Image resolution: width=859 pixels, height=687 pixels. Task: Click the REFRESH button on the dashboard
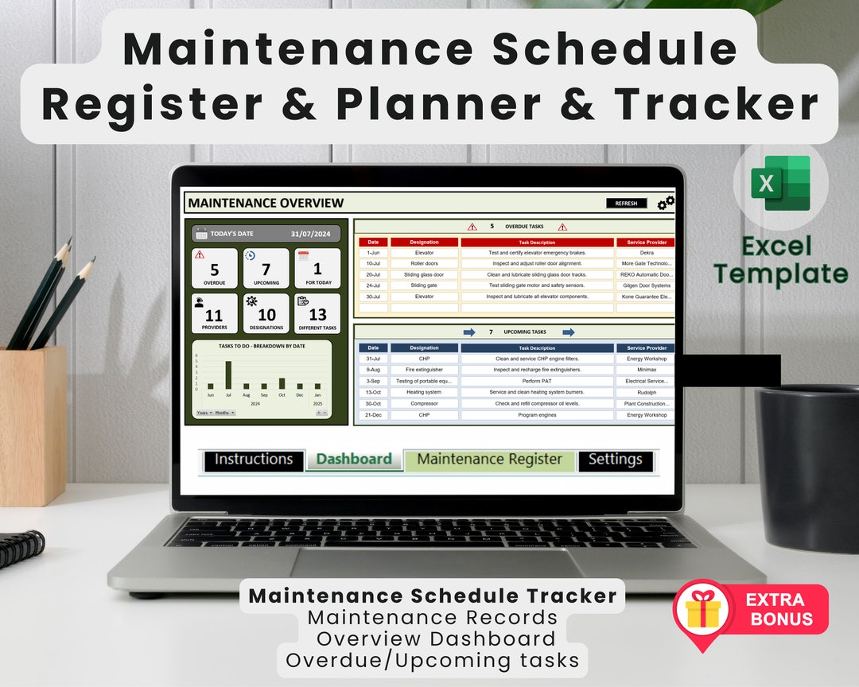coord(626,204)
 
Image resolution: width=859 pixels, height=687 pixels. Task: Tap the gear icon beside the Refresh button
coord(666,203)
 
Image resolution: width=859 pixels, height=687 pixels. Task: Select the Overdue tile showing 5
coord(215,267)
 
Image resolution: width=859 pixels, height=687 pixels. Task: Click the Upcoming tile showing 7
coord(266,267)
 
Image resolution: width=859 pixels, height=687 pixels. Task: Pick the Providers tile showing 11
coord(215,313)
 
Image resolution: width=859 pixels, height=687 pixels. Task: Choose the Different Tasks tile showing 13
coord(317,313)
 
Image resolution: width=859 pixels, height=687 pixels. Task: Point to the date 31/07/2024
coord(309,234)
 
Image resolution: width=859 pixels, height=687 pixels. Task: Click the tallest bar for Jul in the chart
coord(228,375)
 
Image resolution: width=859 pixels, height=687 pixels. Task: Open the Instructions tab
coord(254,460)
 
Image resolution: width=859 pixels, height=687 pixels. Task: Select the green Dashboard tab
coord(354,460)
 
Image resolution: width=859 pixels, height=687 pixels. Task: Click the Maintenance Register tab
coord(489,460)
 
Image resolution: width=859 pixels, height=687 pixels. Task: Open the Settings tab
coord(615,460)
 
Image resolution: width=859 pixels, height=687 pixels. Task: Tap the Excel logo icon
coord(780,183)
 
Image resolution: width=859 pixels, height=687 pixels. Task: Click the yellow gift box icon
coord(702,611)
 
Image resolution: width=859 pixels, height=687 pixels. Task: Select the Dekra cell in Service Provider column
coord(645,253)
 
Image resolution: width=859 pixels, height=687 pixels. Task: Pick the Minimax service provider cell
coord(645,370)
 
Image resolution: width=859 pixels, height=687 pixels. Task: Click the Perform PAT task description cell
coord(537,381)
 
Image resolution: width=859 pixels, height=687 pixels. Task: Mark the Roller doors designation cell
coord(424,263)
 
